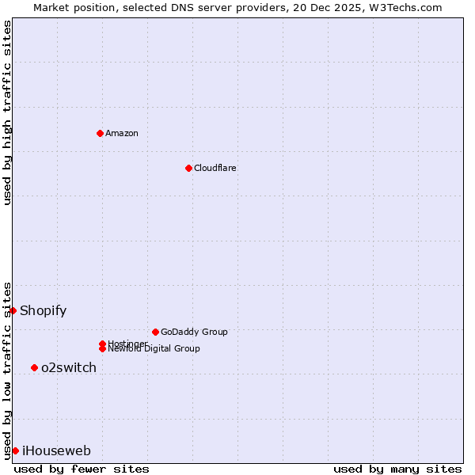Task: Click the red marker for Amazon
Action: (x=100, y=133)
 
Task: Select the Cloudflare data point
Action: (x=188, y=168)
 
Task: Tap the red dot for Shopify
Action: (x=13, y=310)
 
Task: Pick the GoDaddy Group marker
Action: (x=155, y=332)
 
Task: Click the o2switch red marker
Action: (x=34, y=367)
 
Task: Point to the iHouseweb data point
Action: (x=15, y=450)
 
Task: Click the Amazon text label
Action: (x=122, y=133)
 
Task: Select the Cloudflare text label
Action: (x=215, y=168)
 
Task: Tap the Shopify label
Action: (x=44, y=310)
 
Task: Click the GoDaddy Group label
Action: (x=194, y=332)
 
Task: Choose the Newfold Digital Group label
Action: (x=154, y=348)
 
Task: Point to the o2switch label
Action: (x=69, y=367)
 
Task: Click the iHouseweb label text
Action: (x=56, y=450)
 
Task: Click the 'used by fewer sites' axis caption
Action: (x=82, y=469)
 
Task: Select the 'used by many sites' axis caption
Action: (x=397, y=469)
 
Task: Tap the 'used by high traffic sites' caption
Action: (x=7, y=112)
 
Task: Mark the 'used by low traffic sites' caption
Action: (x=7, y=370)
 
